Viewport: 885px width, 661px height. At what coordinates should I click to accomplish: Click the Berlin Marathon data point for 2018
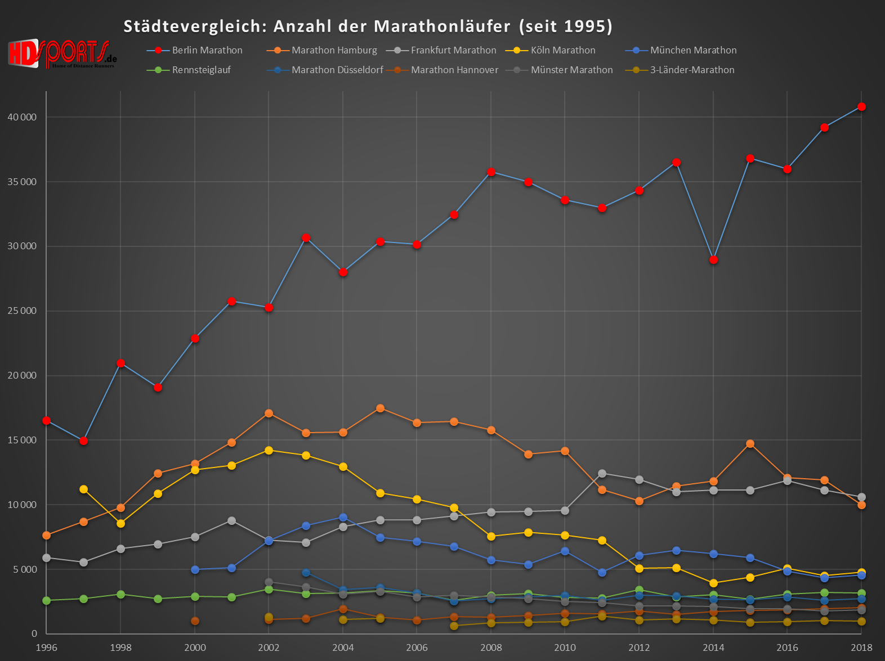coord(861,107)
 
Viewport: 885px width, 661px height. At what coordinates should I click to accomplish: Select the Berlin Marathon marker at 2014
coord(713,260)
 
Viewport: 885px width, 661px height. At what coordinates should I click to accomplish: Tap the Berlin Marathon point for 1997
coord(83,441)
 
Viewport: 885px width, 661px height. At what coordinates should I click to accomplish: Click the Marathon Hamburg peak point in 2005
coord(380,408)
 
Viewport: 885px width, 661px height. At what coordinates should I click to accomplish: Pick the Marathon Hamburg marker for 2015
coord(750,444)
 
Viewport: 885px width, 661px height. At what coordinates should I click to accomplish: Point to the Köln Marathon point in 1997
coord(83,489)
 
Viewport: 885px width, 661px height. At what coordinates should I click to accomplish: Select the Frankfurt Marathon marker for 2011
coord(602,474)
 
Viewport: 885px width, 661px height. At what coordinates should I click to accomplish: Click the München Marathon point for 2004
coord(343,518)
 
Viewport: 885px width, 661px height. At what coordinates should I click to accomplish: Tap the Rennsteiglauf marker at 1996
coord(46,601)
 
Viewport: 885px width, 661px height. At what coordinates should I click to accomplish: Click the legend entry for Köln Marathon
coord(562,50)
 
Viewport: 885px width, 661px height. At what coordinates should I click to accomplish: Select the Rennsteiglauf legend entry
coord(201,70)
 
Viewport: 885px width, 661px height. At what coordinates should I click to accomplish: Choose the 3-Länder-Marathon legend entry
coord(692,70)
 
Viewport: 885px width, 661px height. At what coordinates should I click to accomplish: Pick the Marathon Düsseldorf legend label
coord(337,70)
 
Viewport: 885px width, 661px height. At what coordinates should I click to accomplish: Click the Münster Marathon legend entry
coord(571,70)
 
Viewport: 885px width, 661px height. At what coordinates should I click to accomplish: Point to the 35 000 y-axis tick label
coord(22,182)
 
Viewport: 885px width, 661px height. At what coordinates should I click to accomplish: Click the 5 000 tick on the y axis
coord(24,569)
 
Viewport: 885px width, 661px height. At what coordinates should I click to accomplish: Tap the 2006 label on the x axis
coord(417,647)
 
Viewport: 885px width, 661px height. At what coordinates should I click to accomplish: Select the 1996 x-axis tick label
coord(46,647)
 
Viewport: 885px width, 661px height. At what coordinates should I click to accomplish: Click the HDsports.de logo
coord(62,53)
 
